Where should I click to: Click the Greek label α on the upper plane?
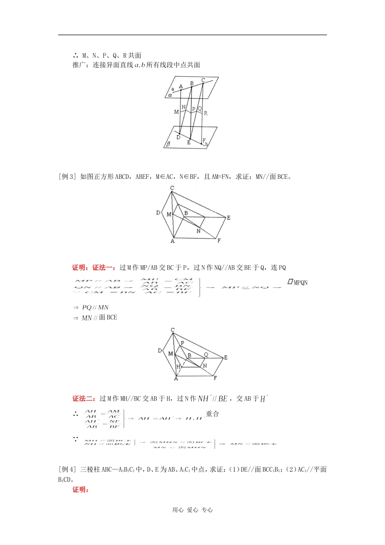170,95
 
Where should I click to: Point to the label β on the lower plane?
169,144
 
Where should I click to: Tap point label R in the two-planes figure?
205,113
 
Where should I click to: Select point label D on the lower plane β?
178,137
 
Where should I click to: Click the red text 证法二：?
85,399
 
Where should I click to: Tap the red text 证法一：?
105,268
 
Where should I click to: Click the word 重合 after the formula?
212,414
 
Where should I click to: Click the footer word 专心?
207,510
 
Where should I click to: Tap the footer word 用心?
178,510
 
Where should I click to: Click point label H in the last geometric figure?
178,367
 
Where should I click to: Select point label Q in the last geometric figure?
206,355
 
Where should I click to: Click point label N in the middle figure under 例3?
199,231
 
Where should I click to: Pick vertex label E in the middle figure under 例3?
229,218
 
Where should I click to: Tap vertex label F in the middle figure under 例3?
219,240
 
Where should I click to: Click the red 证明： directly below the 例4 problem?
80,489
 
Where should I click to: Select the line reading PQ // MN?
95,308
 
